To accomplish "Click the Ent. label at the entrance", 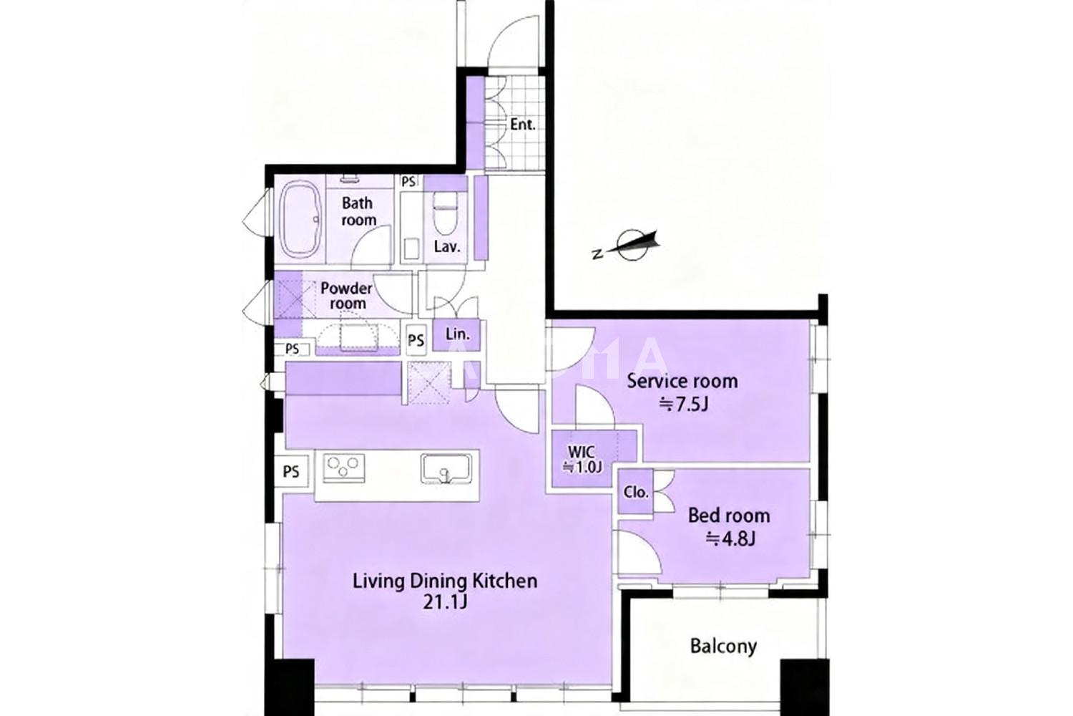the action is (x=522, y=125).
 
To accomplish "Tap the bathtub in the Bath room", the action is (x=301, y=220).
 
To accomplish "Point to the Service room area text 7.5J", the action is (x=684, y=405).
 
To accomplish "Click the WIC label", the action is (x=582, y=451).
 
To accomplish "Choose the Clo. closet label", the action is (x=636, y=492).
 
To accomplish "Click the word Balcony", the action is (x=723, y=646).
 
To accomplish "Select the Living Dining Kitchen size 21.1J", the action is (x=444, y=602).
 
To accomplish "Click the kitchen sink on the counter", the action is (x=446, y=468).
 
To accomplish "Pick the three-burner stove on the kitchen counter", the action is (x=343, y=467).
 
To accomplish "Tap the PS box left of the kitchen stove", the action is (x=291, y=471).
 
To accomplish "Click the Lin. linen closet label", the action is (x=457, y=334).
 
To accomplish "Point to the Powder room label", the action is (x=346, y=296).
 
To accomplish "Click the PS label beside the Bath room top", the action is (x=408, y=182).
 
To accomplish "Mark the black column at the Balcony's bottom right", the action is (x=804, y=687).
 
